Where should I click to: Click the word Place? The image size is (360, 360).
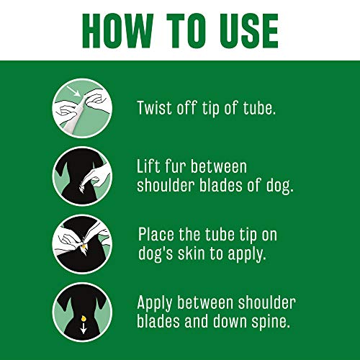point(159,234)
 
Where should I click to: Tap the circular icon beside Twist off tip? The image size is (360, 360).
point(82,107)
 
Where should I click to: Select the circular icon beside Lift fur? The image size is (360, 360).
point(82,176)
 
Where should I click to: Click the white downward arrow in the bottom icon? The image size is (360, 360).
point(83,329)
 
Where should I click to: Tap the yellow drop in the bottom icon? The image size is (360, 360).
point(83,314)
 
